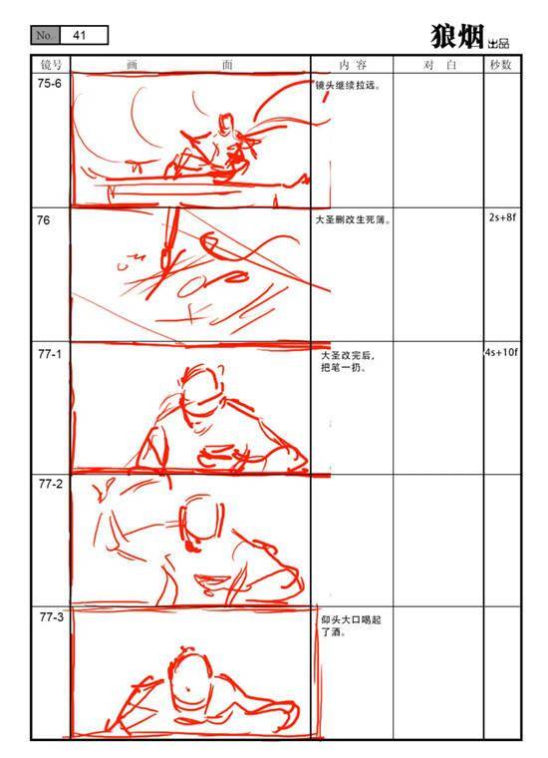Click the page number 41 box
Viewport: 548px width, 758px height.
[83, 35]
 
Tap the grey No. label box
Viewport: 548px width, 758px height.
[45, 35]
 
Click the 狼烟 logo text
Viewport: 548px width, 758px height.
[456, 36]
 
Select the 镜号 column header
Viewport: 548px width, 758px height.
[51, 64]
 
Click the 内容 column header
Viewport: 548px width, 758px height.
[353, 65]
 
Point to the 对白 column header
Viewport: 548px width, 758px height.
[438, 65]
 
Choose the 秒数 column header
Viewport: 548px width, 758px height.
[501, 65]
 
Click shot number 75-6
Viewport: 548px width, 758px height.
[49, 84]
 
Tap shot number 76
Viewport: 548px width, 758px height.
[43, 220]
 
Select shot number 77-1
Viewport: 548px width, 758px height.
[50, 354]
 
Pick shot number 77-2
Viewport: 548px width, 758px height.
[51, 484]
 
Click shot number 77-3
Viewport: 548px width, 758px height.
[51, 617]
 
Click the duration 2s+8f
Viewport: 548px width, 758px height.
[502, 217]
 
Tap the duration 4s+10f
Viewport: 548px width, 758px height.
[501, 352]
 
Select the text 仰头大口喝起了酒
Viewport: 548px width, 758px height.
[351, 625]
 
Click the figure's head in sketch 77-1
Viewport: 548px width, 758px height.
[203, 387]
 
